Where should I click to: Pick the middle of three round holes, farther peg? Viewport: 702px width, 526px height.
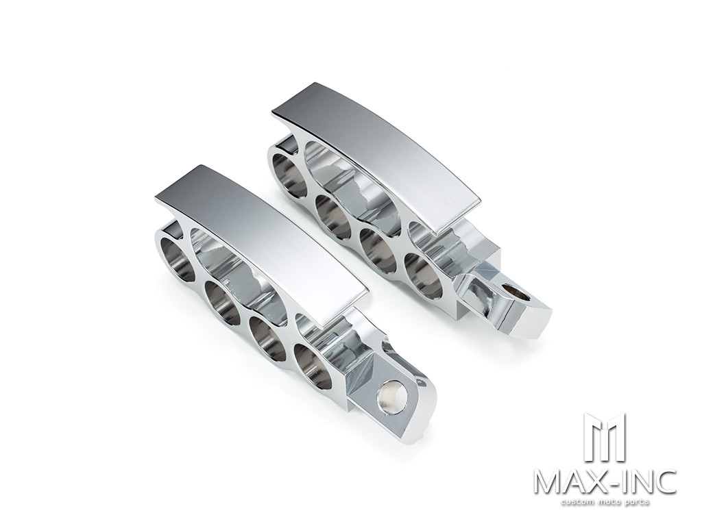[x=378, y=251]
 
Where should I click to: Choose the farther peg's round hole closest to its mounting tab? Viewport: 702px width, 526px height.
[x=423, y=276]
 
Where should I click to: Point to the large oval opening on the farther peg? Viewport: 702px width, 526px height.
[x=350, y=185]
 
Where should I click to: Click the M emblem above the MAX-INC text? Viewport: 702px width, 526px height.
[x=605, y=438]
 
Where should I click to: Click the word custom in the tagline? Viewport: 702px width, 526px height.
[x=577, y=503]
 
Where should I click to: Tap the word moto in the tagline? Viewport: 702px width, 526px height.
[x=609, y=503]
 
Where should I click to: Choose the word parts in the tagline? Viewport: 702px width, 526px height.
[x=637, y=503]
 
